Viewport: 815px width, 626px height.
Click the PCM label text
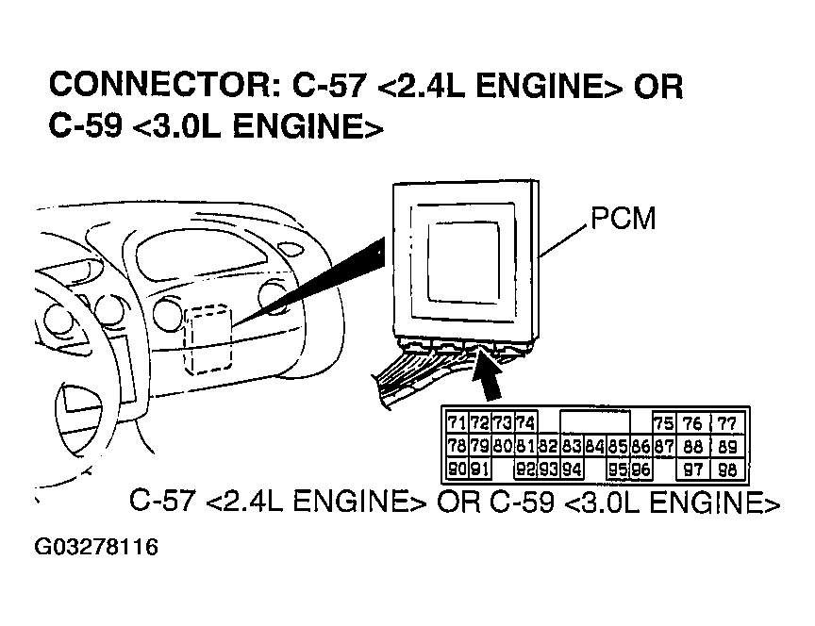click(x=623, y=219)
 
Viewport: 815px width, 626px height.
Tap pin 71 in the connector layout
click(x=457, y=423)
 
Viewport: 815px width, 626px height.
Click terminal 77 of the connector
click(x=725, y=423)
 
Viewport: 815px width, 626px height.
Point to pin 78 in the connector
click(x=457, y=446)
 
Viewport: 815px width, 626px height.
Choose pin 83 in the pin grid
click(x=571, y=446)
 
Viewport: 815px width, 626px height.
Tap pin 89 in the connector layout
click(x=725, y=446)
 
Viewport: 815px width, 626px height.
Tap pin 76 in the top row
click(x=693, y=423)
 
